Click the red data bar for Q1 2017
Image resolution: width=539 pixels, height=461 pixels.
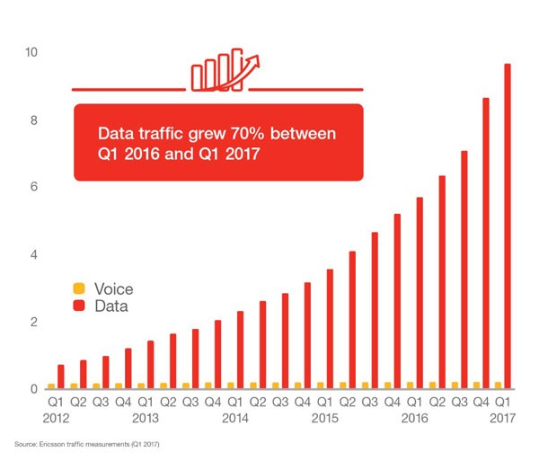click(507, 225)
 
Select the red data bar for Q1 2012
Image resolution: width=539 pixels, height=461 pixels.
click(60, 377)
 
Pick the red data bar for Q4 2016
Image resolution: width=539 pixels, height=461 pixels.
click(485, 243)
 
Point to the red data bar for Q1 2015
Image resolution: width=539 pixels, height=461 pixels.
click(330, 328)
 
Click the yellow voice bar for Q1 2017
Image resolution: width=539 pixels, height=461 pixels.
click(496, 385)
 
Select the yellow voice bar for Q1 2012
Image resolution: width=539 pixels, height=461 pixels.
click(50, 386)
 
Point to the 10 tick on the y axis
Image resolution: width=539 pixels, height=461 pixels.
click(31, 52)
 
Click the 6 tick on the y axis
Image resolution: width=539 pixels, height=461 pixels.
click(31, 187)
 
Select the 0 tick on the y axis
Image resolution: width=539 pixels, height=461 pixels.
click(31, 389)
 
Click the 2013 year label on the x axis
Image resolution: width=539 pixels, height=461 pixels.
click(145, 418)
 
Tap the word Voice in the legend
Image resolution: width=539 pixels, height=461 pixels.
click(111, 288)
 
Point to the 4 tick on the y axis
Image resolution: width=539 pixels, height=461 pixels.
click(31, 254)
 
